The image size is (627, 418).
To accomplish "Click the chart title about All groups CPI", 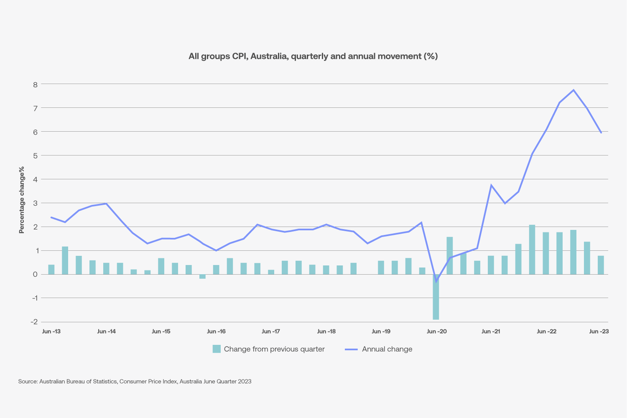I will (313, 56).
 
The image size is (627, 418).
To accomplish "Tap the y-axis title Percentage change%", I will (22, 200).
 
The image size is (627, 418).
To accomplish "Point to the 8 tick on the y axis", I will (35, 84).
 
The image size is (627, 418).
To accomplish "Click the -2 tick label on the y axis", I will (34, 322).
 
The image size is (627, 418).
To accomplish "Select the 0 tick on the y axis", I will (35, 275).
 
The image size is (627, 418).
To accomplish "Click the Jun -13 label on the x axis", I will (51, 331).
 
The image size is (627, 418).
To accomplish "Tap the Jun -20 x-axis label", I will (436, 331).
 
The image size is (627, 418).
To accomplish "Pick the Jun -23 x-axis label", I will (599, 331).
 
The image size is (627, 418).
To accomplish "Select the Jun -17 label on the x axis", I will (271, 331).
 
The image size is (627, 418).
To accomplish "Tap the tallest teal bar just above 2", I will (532, 250).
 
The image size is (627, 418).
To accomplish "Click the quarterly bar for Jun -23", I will (601, 265).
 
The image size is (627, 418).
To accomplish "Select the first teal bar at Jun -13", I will (51, 270).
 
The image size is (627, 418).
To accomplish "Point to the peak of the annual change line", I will (573, 90).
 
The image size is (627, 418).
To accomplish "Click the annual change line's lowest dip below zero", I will (436, 281).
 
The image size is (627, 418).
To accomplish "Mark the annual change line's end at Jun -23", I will (601, 133).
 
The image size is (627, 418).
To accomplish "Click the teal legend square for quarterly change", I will (217, 349).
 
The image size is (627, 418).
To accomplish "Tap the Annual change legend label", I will (387, 349).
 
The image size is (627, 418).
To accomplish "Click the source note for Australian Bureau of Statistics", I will (135, 382).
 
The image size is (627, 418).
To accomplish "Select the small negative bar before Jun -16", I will (202, 276).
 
